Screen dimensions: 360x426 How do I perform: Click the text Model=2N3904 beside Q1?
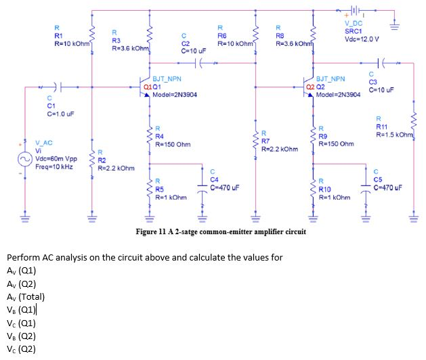[x=175, y=95]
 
